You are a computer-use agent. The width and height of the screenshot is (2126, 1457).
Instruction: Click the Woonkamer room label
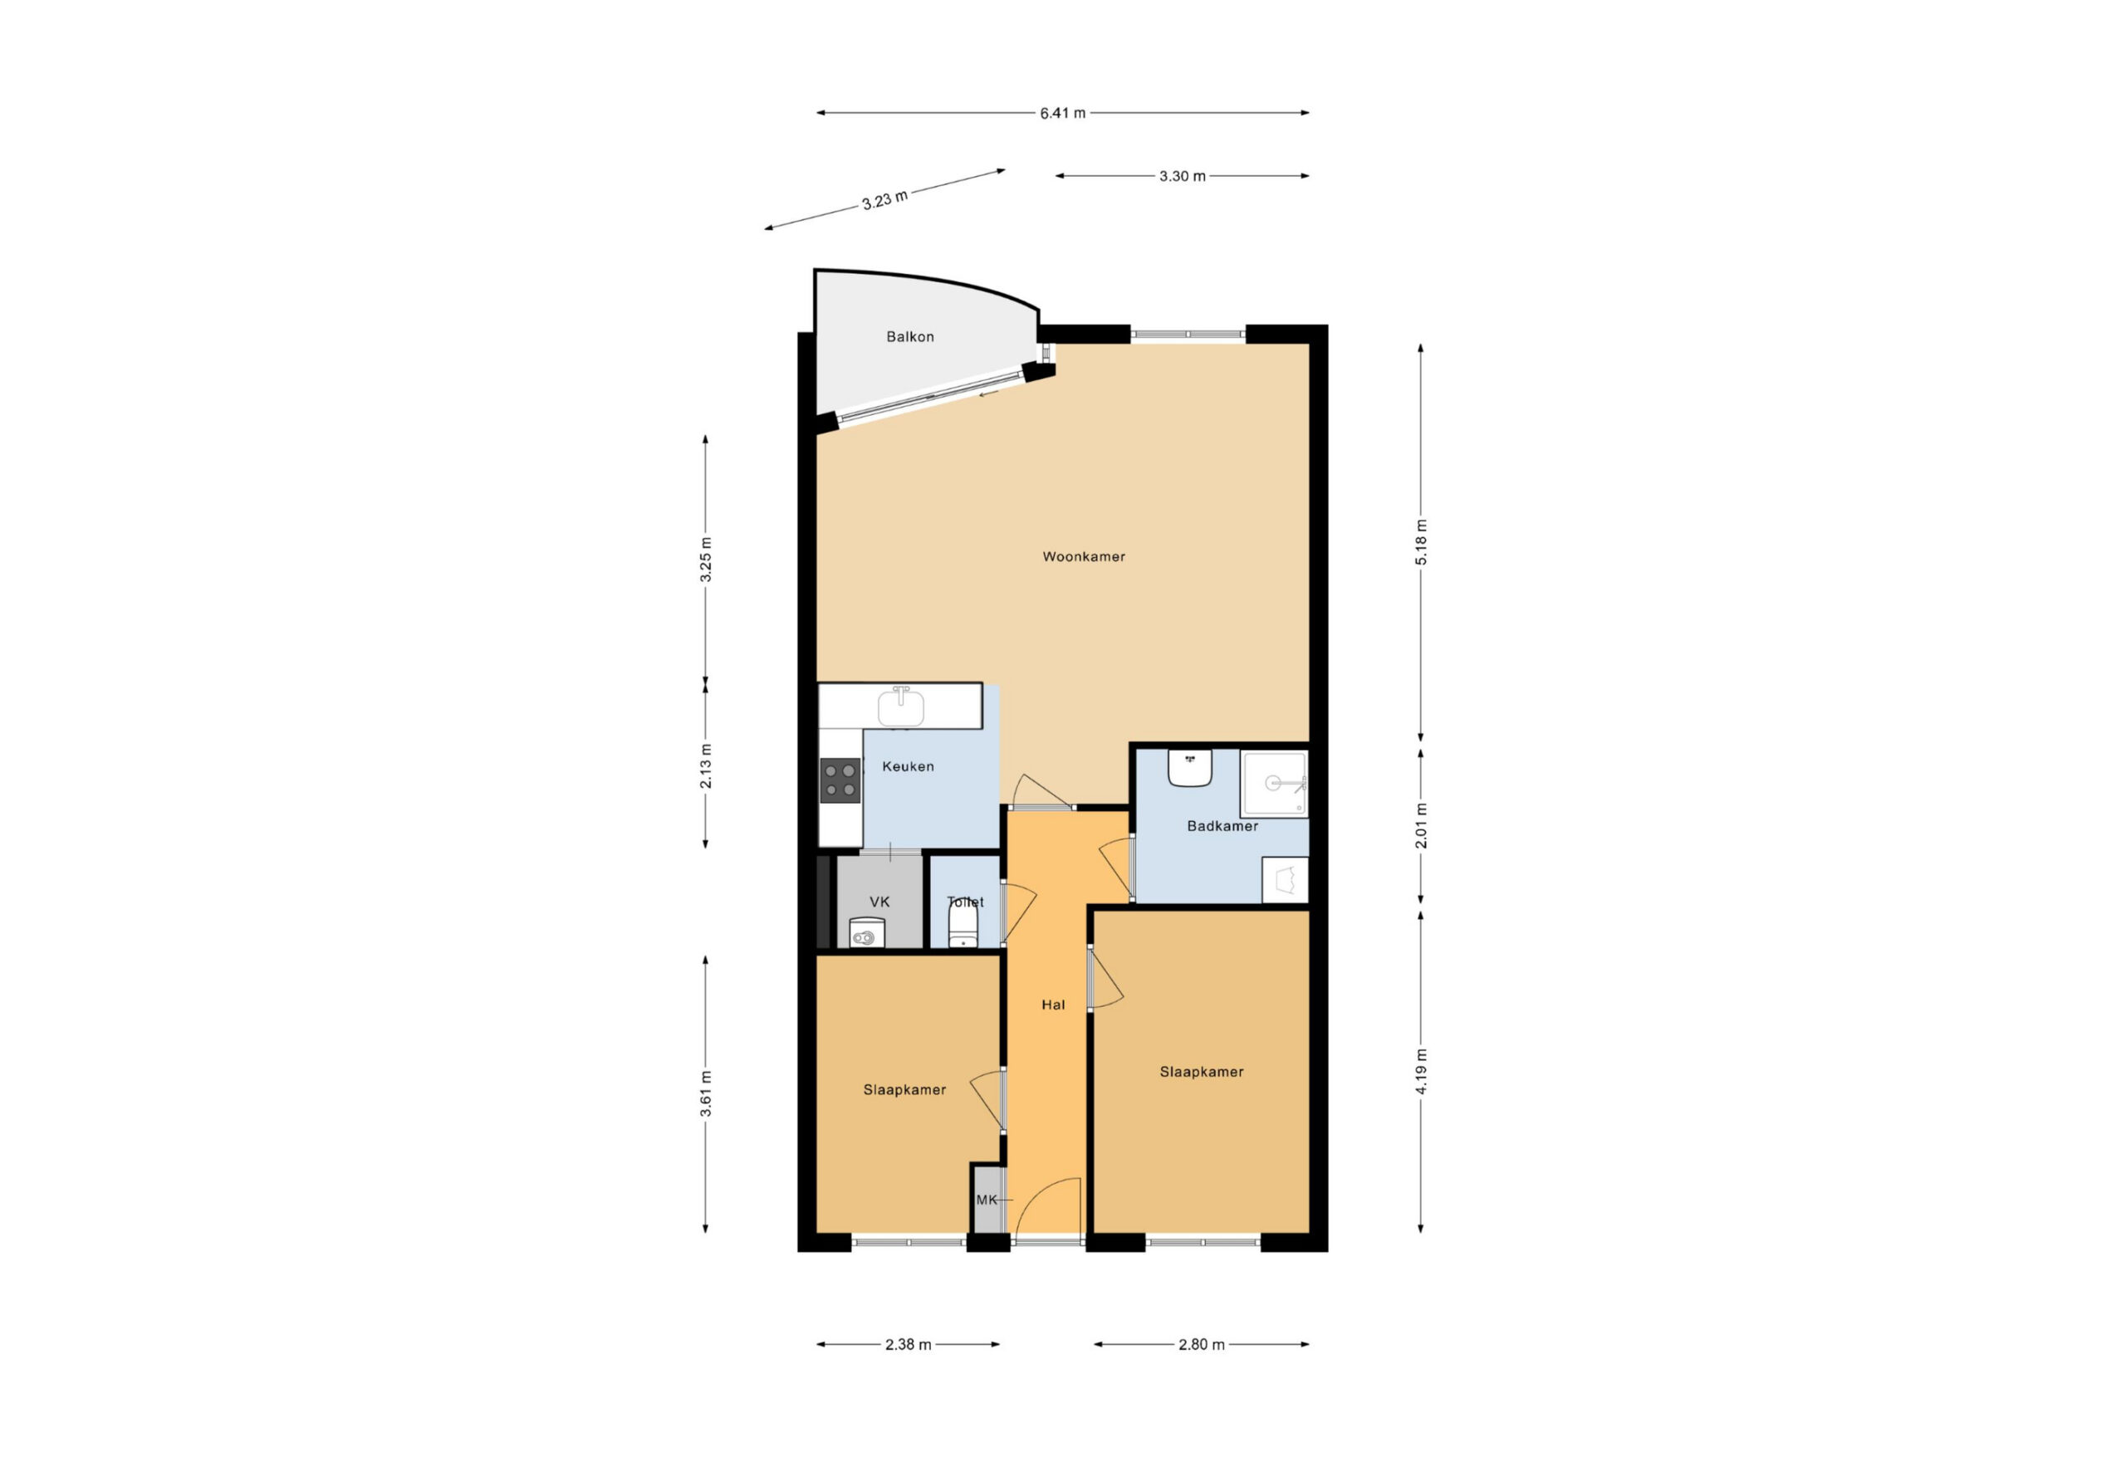point(1083,556)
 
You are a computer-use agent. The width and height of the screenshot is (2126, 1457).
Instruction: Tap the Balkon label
point(909,336)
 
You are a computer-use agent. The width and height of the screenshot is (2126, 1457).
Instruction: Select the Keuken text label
point(908,766)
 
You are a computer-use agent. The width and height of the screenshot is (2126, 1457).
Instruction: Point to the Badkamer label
point(1222,826)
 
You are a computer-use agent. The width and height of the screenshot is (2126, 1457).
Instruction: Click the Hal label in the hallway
point(1053,1005)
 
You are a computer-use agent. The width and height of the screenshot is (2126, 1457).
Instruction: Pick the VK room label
point(879,902)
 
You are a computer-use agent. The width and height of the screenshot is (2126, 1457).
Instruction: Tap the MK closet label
point(986,1200)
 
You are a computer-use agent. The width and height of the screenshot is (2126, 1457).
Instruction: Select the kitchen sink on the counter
point(900,706)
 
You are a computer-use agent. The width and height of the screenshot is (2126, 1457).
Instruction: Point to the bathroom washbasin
point(1189,767)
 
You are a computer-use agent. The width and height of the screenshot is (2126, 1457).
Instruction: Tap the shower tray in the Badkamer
point(1274,784)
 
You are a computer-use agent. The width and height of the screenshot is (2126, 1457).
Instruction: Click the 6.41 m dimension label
point(1062,114)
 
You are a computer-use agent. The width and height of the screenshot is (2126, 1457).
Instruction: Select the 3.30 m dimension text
point(1182,176)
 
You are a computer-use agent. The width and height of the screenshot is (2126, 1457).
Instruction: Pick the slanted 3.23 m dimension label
point(884,199)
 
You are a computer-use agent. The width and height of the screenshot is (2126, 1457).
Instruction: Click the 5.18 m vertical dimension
point(1421,541)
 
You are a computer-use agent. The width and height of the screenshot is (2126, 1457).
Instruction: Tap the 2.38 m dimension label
point(908,1344)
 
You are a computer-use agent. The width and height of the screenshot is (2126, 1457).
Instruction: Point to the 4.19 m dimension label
point(1421,1071)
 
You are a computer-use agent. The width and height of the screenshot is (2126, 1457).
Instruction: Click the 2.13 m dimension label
point(705,766)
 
